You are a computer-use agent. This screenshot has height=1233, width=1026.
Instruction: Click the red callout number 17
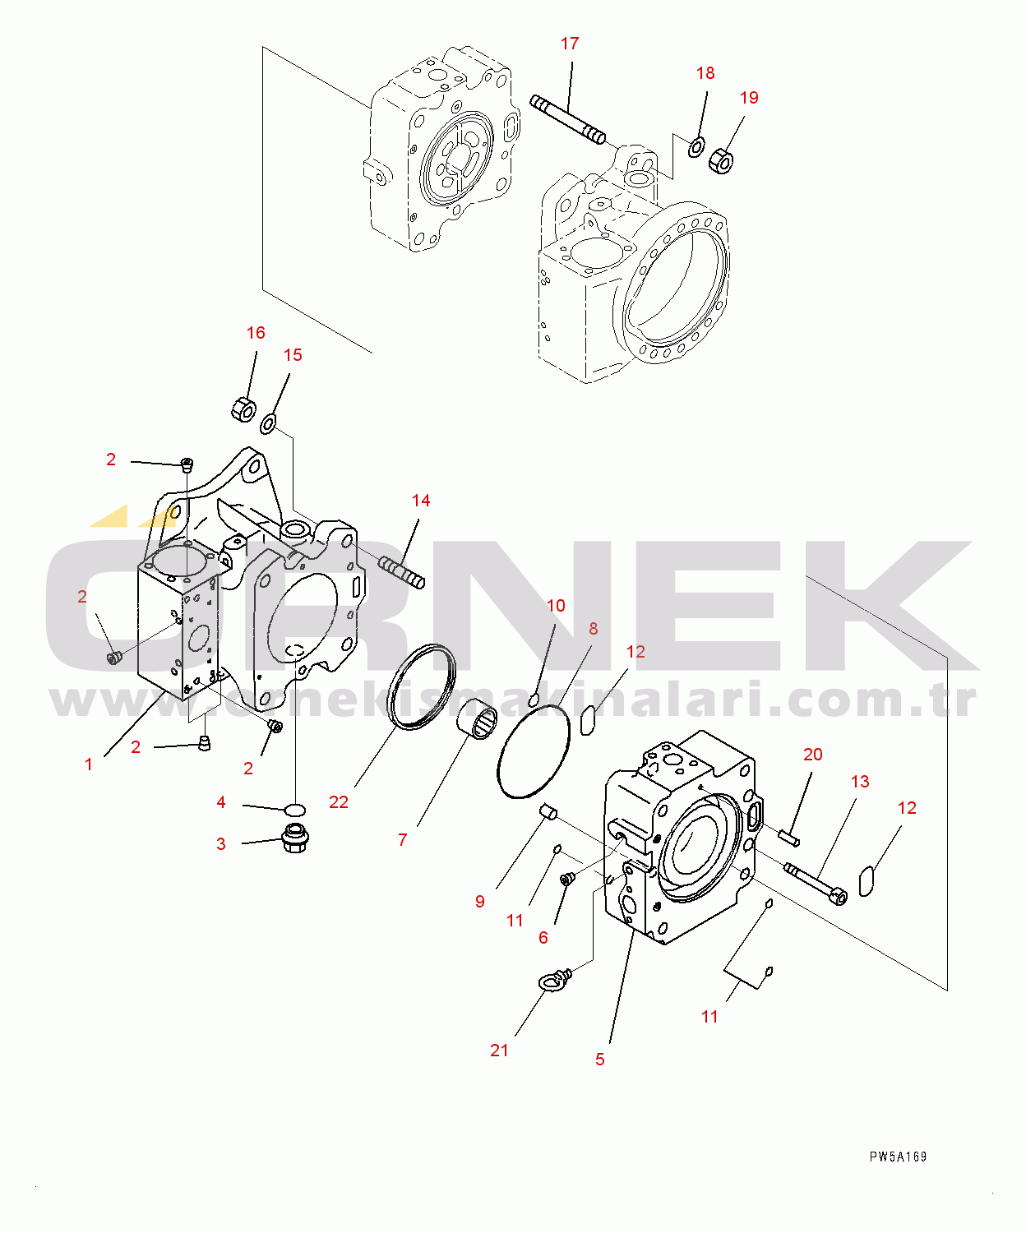pyautogui.click(x=570, y=44)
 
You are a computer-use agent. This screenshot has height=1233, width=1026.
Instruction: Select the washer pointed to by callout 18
pyautogui.click(x=696, y=146)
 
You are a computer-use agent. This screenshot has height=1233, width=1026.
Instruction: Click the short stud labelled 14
pyautogui.click(x=402, y=572)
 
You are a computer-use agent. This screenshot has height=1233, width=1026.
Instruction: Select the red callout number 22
pyautogui.click(x=339, y=802)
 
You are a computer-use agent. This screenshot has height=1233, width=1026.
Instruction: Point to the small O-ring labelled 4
pyautogui.click(x=295, y=808)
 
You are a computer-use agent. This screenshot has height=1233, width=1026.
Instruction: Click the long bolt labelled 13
pyautogui.click(x=816, y=884)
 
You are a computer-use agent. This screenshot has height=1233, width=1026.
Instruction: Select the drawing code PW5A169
pyautogui.click(x=898, y=1157)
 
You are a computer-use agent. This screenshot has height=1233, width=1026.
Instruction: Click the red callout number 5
pyautogui.click(x=599, y=1060)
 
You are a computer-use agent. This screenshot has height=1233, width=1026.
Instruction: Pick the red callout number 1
pyautogui.click(x=89, y=764)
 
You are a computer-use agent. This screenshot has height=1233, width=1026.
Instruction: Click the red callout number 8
pyautogui.click(x=593, y=628)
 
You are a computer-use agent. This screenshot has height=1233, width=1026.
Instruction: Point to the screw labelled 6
pyautogui.click(x=567, y=880)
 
